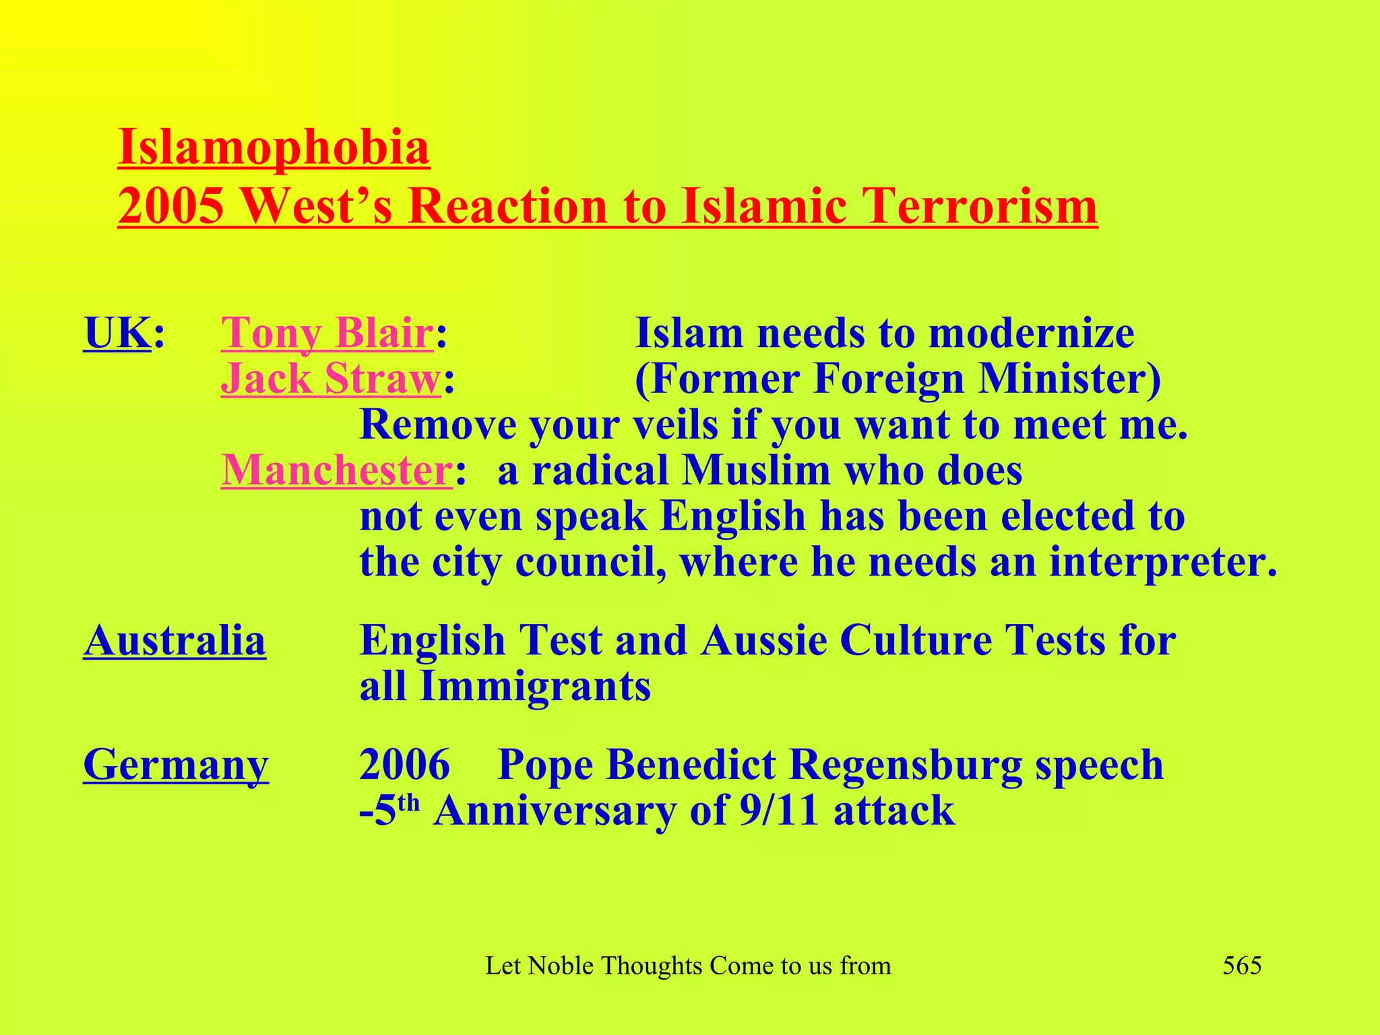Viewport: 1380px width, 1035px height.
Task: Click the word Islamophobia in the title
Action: (274, 148)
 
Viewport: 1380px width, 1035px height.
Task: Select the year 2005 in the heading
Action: (170, 206)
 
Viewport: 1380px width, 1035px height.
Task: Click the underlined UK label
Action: (117, 333)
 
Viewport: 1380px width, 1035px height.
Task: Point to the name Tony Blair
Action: (327, 333)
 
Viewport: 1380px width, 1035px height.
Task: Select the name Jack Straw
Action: (331, 379)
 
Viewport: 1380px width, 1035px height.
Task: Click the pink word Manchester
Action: (336, 470)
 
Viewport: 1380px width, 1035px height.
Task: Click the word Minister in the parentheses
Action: (1069, 379)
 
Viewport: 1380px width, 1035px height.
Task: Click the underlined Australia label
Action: (175, 640)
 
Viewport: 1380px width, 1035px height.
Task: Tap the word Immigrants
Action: (535, 687)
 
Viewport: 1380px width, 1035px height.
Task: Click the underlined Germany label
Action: (176, 765)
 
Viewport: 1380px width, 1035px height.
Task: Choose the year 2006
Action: (404, 765)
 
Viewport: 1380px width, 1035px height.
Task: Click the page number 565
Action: (1242, 966)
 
